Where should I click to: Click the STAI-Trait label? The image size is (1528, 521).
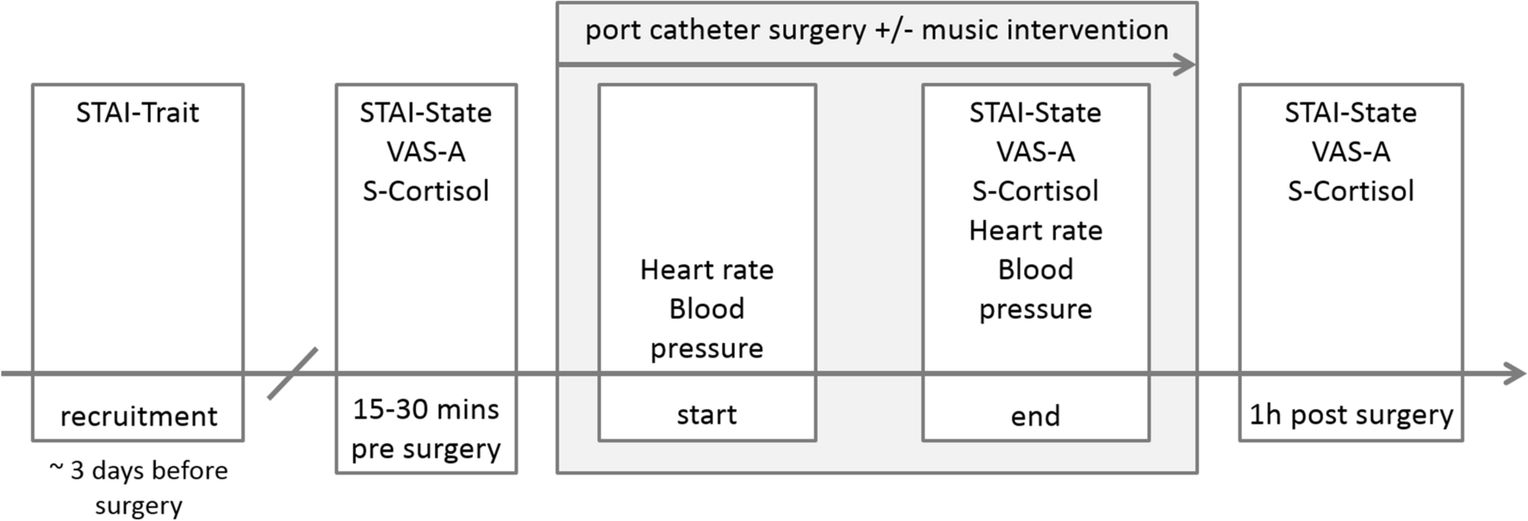[x=138, y=113]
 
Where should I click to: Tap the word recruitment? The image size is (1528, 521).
[x=139, y=417]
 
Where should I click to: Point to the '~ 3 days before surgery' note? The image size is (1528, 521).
[x=139, y=487]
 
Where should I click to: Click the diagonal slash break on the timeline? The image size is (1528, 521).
[x=293, y=374]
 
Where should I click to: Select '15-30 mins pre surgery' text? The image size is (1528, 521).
[x=426, y=429]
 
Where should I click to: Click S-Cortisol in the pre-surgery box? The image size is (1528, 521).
[x=426, y=191]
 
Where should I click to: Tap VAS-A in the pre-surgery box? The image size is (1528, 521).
[x=426, y=152]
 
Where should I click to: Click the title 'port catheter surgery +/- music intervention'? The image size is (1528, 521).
[x=877, y=30]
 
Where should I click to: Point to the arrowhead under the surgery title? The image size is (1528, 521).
[x=1185, y=64]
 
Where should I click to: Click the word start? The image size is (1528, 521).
[x=707, y=415]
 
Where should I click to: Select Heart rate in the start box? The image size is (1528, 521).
[x=707, y=270]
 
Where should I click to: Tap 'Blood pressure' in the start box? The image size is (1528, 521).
[x=707, y=329]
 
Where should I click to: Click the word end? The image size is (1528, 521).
[x=1035, y=417]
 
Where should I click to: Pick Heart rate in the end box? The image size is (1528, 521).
[x=1035, y=231]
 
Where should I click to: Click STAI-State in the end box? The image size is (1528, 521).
[x=1035, y=113]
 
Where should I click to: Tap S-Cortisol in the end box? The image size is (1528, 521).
[x=1035, y=191]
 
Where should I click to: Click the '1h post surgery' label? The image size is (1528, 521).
[x=1351, y=415]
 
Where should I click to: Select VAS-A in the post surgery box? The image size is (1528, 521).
[x=1351, y=152]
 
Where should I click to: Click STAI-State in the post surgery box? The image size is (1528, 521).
[x=1351, y=113]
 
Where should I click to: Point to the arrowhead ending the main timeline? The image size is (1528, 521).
[x=1515, y=374]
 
